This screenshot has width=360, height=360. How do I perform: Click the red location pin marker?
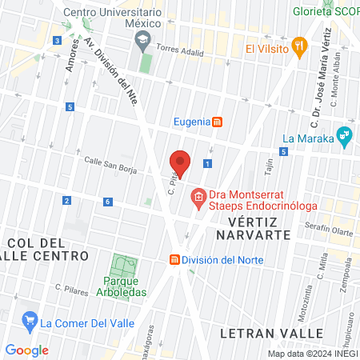[180, 163]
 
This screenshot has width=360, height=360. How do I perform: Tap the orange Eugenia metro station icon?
[217, 122]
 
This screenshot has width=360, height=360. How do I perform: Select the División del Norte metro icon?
[174, 259]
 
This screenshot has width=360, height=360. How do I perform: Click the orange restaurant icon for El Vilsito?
[299, 46]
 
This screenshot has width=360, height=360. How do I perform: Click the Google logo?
[26, 350]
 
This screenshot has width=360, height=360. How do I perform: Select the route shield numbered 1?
[207, 163]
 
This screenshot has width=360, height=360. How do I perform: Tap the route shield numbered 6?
[107, 201]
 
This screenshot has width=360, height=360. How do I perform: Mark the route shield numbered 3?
[57, 40]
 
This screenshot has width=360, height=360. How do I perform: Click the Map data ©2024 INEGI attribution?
[311, 354]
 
